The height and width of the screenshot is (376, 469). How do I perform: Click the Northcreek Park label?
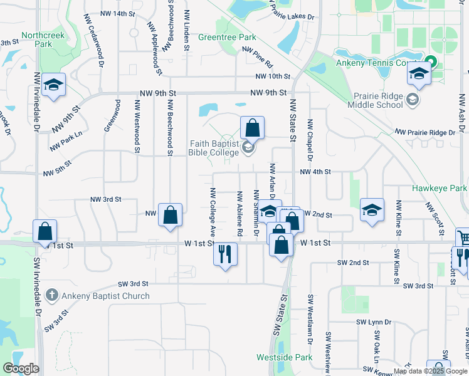43,39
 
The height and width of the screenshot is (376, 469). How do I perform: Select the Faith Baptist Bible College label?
214,147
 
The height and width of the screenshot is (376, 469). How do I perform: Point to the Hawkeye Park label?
440,187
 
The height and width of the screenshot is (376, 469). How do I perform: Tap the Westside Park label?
284,357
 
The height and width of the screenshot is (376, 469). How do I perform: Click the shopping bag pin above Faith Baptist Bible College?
252,128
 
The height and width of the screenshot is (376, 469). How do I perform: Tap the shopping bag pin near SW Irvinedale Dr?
45,232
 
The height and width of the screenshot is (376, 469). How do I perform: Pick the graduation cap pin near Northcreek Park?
55,86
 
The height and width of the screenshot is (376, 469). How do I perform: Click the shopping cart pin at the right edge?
463,239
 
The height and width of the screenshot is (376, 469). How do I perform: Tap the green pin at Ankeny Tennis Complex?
430,64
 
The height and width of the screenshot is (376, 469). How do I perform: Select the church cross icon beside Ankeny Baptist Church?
53,295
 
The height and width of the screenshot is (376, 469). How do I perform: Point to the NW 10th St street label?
273,76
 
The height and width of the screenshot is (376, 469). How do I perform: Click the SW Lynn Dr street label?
374,322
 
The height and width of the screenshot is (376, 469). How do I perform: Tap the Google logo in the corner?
21,368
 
